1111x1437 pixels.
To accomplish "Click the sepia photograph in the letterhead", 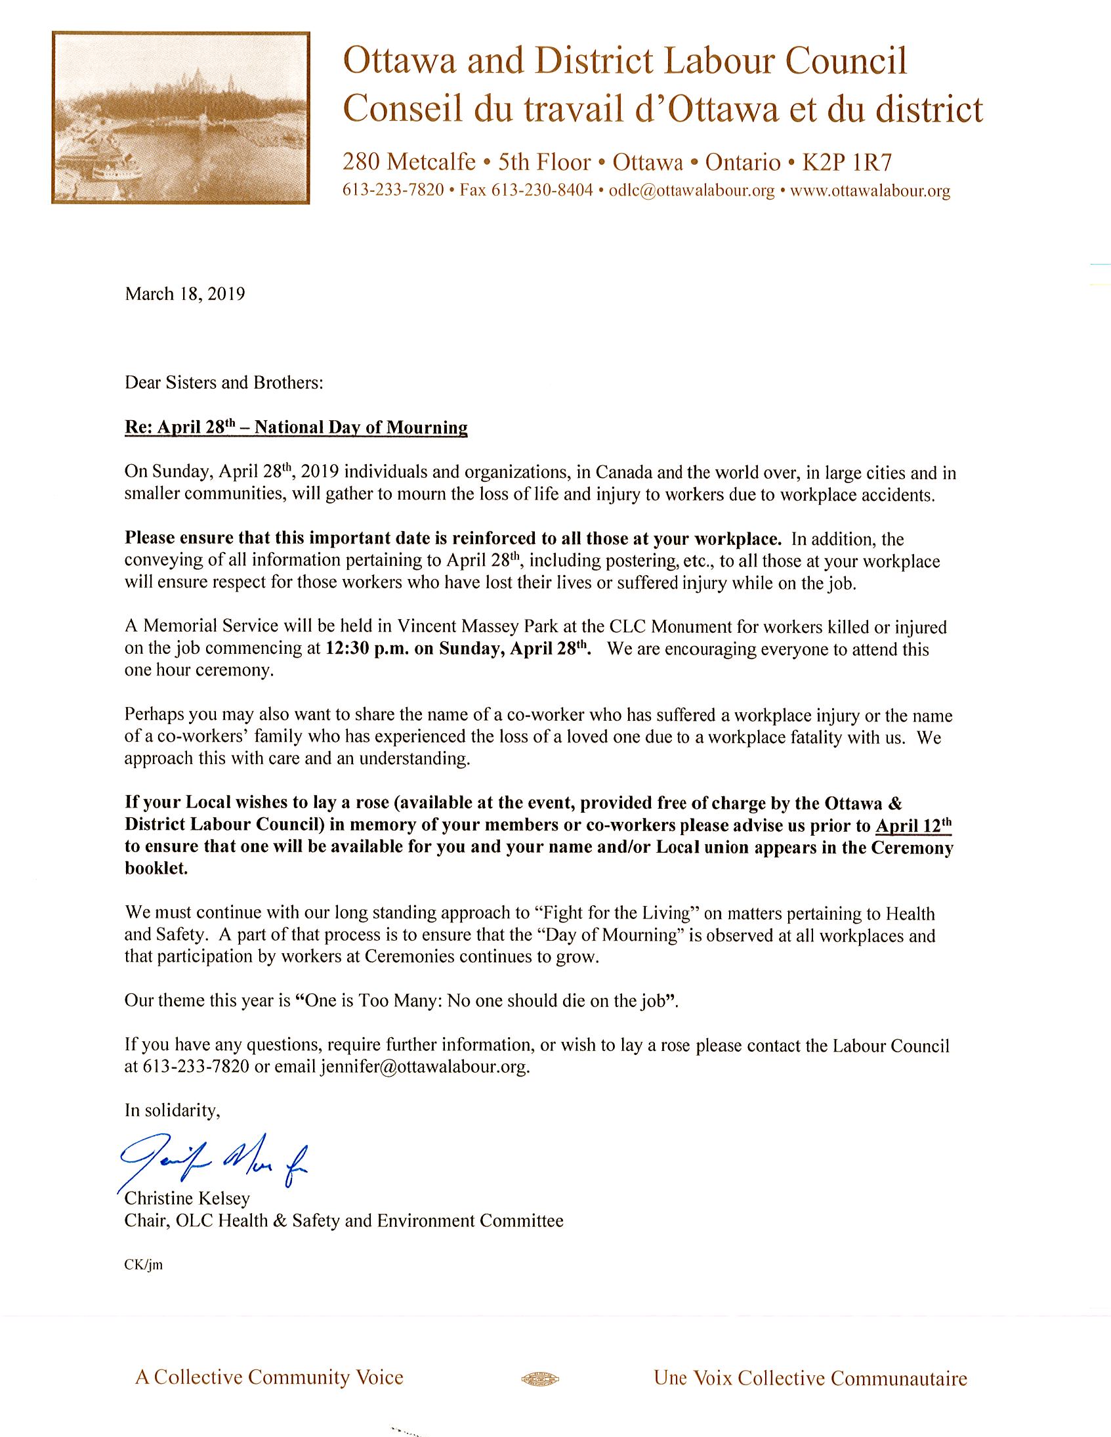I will [x=180, y=118].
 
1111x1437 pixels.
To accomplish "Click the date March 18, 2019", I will [x=185, y=293].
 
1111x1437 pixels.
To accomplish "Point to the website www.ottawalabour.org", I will [x=870, y=191].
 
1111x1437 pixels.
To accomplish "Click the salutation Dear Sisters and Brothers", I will [x=224, y=382].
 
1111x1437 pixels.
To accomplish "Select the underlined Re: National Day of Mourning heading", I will [x=296, y=427].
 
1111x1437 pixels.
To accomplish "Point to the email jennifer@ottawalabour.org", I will [x=425, y=1067].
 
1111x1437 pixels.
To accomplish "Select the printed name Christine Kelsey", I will [x=188, y=1198].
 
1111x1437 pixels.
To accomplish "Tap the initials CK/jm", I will [x=143, y=1265].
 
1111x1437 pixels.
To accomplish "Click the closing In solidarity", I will [x=173, y=1111].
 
